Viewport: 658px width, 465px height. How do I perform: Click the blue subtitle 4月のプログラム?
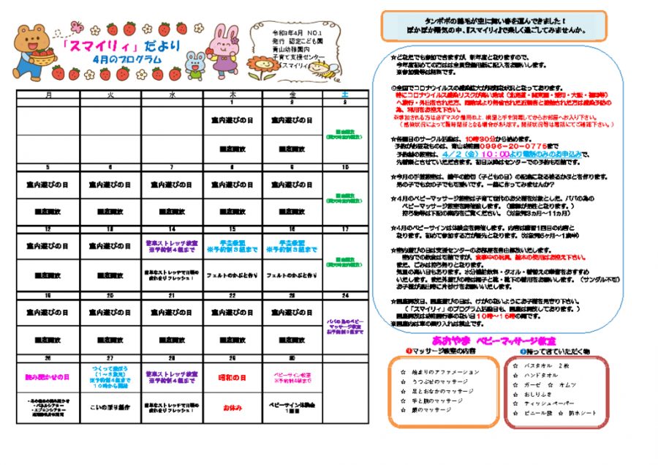coord(128,59)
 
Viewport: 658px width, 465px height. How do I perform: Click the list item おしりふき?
coord(537,394)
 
